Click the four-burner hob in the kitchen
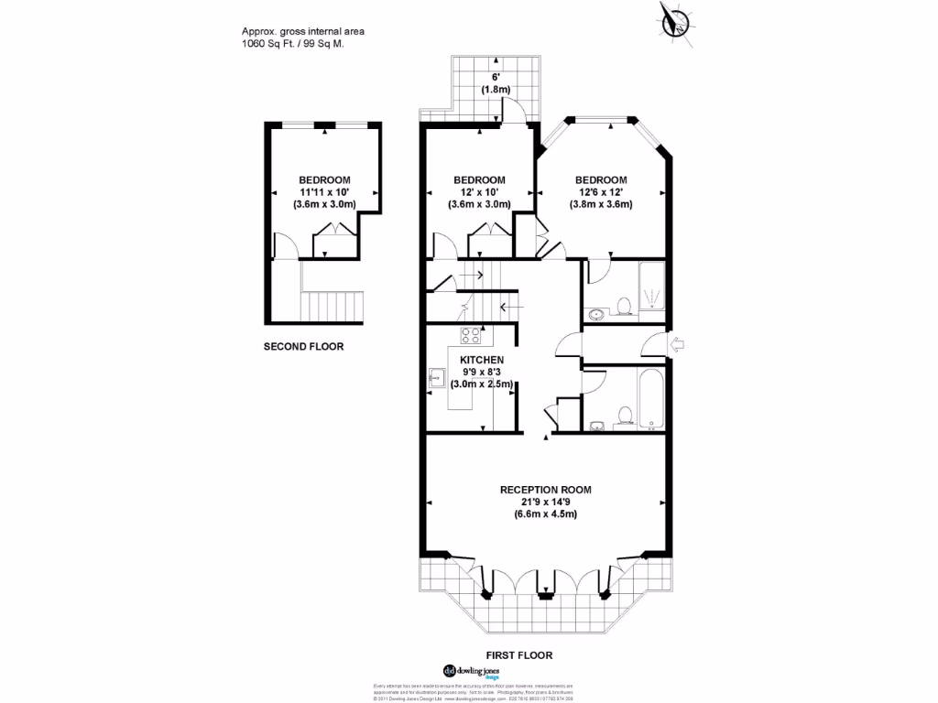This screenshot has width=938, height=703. tap(470, 335)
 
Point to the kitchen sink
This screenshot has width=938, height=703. tap(437, 376)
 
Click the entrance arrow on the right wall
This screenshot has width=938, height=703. tap(679, 345)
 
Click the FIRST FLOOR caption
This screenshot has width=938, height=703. tap(520, 655)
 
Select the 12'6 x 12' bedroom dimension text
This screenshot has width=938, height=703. tap(601, 192)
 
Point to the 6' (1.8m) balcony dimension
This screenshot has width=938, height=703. tap(496, 84)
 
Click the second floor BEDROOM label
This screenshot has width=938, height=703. tap(324, 179)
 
